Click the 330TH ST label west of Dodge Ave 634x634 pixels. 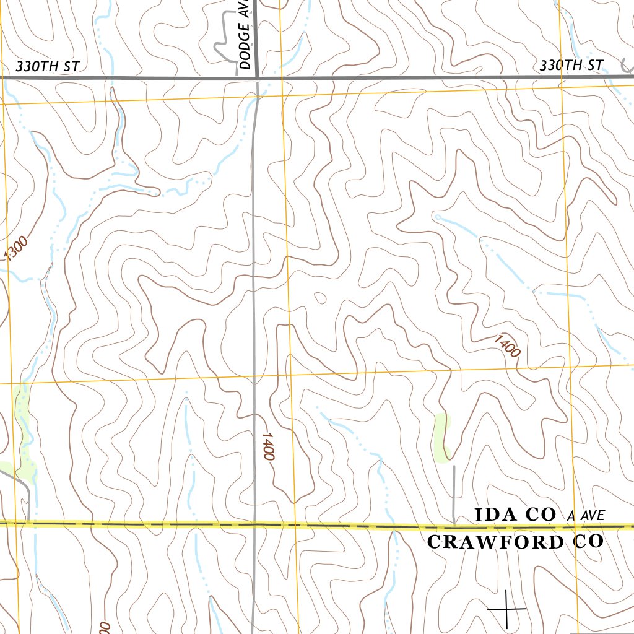coord(48,66)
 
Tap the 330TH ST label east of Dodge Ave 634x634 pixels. coord(571,65)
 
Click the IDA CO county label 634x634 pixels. coord(516,515)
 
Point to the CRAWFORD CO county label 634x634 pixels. coord(515,542)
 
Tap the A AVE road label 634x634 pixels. coord(585,515)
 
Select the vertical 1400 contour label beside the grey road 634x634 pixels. coord(267,446)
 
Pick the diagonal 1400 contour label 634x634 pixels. coord(507,345)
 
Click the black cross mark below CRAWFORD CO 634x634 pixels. coord(506,609)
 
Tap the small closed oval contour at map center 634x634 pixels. coord(320,298)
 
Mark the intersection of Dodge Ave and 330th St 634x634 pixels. coord(256,78)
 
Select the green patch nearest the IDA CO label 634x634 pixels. coord(442,438)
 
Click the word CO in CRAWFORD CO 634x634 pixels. coord(588,542)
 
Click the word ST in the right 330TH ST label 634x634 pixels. coord(595,65)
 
